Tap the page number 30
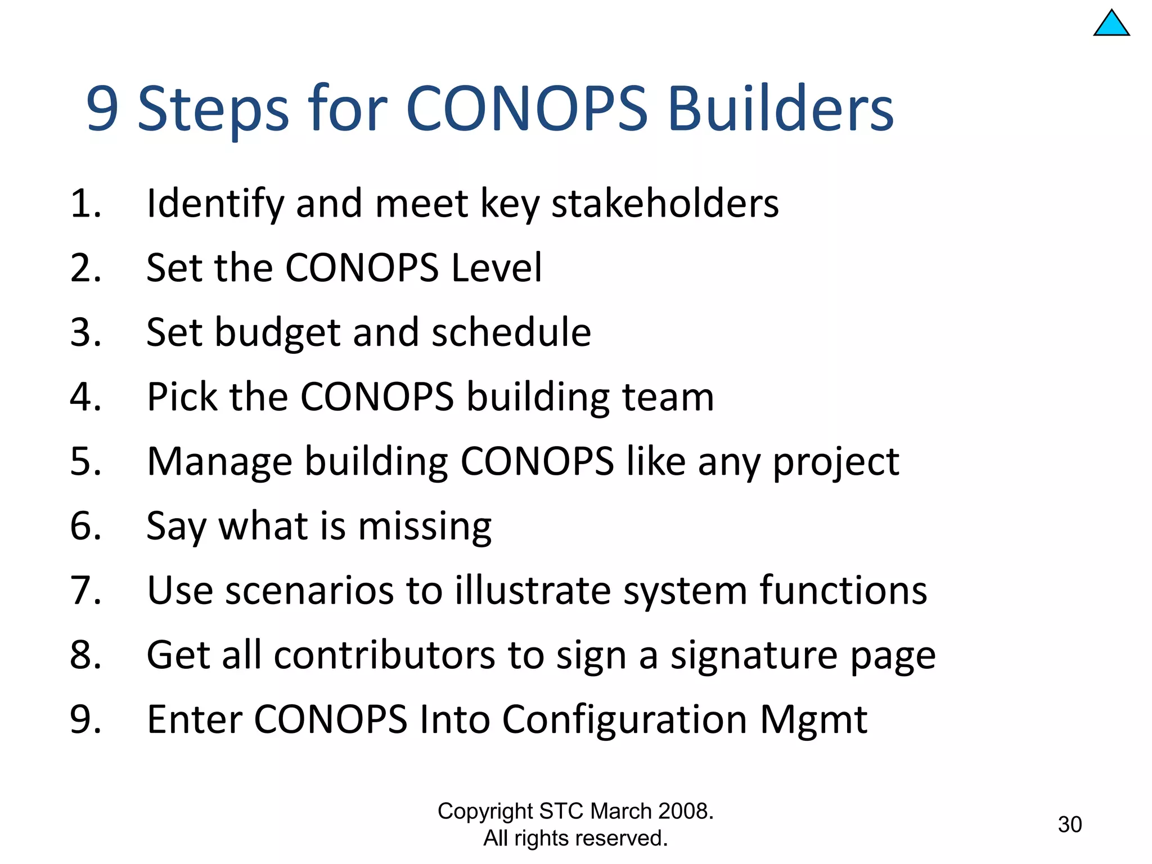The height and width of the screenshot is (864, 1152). coord(1069,825)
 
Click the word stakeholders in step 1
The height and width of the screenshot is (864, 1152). coord(665,203)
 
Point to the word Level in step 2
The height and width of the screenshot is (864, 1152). coord(497,268)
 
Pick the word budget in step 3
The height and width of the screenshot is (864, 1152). coord(277,332)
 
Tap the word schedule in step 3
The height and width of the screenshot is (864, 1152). coord(511,332)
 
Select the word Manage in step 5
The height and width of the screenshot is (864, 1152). coord(219,462)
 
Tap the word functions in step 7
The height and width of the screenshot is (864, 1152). coord(843,591)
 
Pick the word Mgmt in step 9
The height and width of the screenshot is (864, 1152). coord(813,719)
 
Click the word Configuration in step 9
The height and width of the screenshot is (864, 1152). coord(624,721)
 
